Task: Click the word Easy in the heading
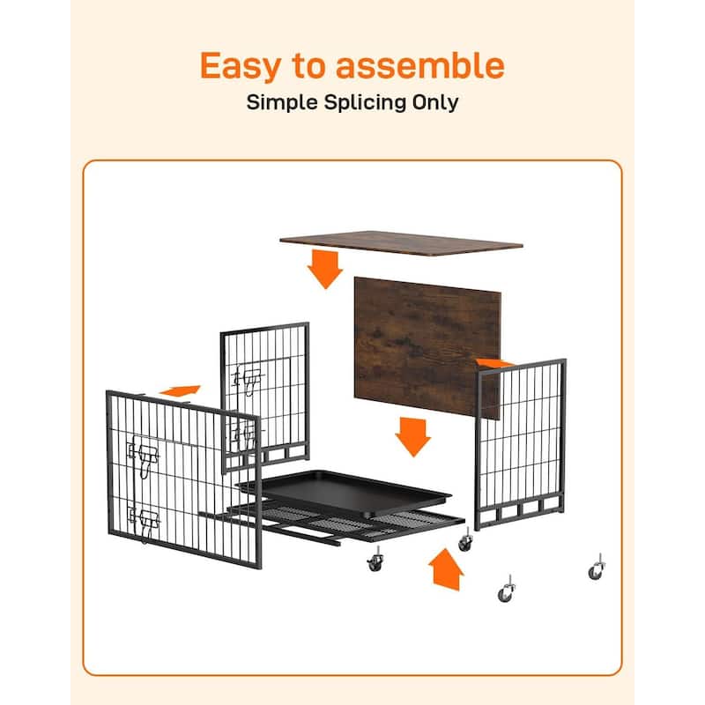click(x=240, y=67)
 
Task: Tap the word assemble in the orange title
click(x=420, y=65)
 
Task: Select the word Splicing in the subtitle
click(x=359, y=103)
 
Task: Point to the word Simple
click(x=282, y=103)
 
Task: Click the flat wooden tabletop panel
click(x=401, y=243)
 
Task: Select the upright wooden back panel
click(x=427, y=347)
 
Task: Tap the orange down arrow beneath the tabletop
click(x=324, y=269)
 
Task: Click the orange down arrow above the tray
click(x=412, y=436)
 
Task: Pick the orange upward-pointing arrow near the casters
click(x=446, y=569)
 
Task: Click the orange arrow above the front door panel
click(x=180, y=390)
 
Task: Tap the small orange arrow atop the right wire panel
click(x=493, y=362)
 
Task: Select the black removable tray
click(x=344, y=493)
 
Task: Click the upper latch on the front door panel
click(x=143, y=455)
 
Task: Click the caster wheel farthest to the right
click(x=597, y=568)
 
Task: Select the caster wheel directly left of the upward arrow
click(x=375, y=560)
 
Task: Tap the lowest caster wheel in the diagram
click(x=506, y=590)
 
